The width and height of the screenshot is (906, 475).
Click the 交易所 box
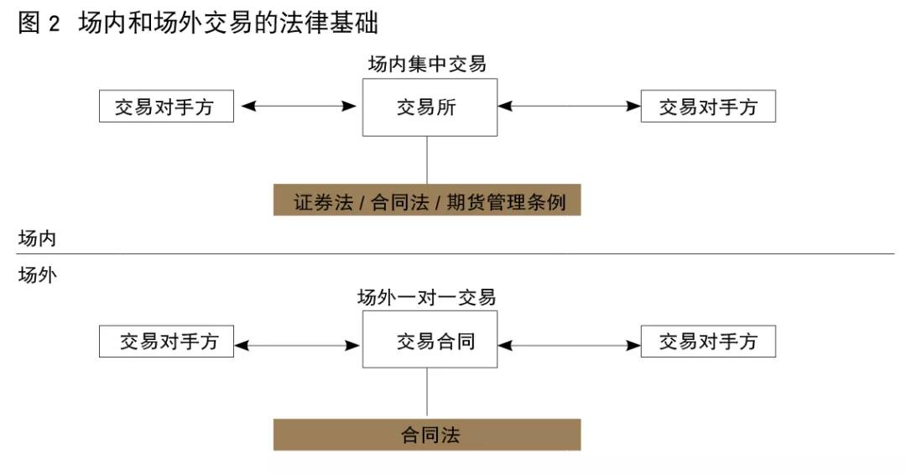coord(430,107)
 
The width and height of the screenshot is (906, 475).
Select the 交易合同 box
coord(430,339)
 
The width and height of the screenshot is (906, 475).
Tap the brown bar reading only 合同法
coord(427,435)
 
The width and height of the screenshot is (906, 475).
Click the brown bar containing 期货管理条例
coord(427,200)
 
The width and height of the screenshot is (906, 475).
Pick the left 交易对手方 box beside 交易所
coord(166,106)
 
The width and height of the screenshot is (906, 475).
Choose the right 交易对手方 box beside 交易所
coord(708,106)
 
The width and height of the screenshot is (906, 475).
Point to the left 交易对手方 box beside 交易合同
coord(166,341)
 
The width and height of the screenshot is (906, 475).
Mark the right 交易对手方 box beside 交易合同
coord(708,341)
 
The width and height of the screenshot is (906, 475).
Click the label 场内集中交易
coord(427,64)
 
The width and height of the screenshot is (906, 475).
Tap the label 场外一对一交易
coord(427,297)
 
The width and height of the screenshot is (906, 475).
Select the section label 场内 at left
coord(37,238)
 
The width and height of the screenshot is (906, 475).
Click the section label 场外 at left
coord(37,274)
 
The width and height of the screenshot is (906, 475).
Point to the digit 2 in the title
coord(54,23)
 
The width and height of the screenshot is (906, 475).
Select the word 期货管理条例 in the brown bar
coord(506,202)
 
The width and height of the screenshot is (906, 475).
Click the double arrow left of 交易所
coord(298,106)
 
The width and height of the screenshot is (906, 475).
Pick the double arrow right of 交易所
coord(569,106)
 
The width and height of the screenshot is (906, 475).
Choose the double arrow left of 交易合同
coord(298,346)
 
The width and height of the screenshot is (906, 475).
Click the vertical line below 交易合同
coord(427,392)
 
